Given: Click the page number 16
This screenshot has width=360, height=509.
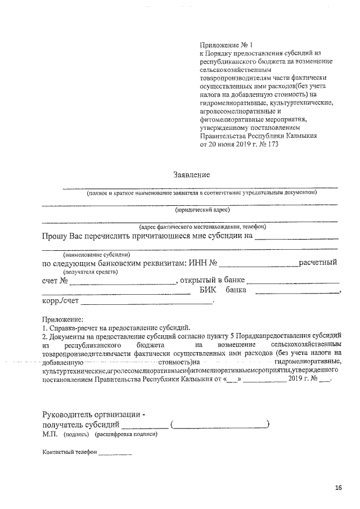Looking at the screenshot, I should point(338,488).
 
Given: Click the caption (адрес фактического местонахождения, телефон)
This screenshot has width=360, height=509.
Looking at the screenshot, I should point(195,226).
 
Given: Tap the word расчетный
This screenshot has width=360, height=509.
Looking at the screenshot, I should point(318,262).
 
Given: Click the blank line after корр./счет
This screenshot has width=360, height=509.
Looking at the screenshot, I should point(146,304).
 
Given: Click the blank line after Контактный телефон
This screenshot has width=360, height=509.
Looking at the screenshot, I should point(115,453).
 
